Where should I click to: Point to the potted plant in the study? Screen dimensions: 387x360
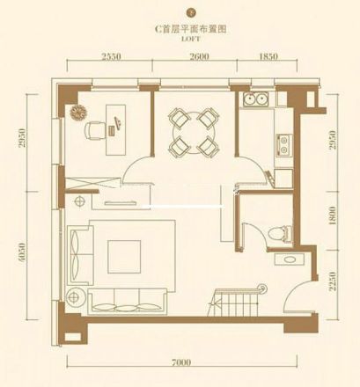coord(77,113)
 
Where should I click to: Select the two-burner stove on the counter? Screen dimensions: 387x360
coord(283,142)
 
